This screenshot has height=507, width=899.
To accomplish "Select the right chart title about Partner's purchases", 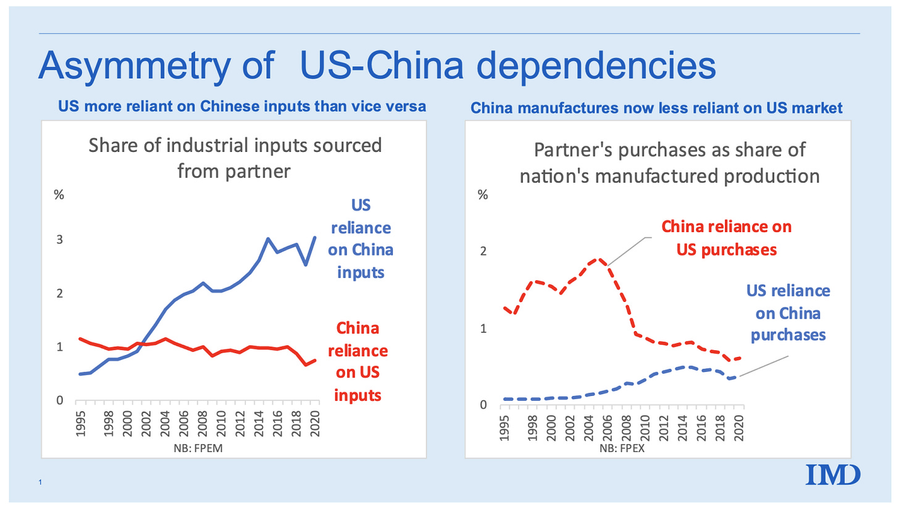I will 669,163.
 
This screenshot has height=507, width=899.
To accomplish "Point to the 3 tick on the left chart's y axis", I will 60,240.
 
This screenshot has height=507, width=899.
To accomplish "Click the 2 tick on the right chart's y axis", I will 483,251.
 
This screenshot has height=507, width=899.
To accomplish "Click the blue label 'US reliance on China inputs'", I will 362,239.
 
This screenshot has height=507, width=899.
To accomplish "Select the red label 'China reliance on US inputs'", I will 362,362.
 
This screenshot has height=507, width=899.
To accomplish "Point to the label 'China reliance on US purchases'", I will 726,238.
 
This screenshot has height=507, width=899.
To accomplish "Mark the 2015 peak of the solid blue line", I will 268,238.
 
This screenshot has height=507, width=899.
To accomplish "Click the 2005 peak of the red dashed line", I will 598,259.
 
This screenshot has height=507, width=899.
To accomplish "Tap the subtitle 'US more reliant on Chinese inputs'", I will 241,107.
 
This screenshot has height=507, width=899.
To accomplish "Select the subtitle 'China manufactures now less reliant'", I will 656,109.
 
